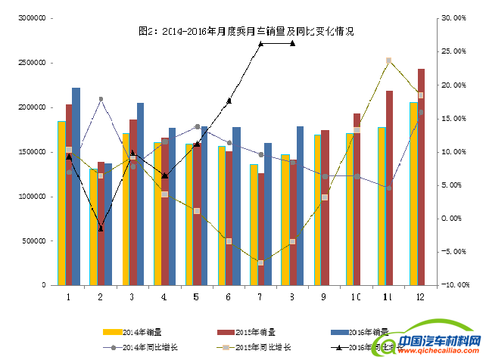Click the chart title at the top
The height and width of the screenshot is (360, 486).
click(x=246, y=32)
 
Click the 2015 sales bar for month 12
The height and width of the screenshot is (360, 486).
click(x=421, y=177)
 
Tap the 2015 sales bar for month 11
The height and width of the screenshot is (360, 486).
click(x=389, y=188)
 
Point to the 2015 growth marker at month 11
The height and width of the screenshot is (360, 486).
click(x=388, y=61)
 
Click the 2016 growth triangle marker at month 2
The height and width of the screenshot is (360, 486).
click(x=101, y=228)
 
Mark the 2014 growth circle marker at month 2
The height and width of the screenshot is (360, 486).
click(x=101, y=99)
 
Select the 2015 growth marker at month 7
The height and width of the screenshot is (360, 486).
click(x=260, y=262)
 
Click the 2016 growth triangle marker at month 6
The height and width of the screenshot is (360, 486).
click(x=229, y=101)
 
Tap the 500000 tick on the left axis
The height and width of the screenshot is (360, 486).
click(x=34, y=241)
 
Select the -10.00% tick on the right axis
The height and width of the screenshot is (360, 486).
click(x=453, y=285)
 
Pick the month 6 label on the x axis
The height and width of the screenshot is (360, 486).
click(x=229, y=296)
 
